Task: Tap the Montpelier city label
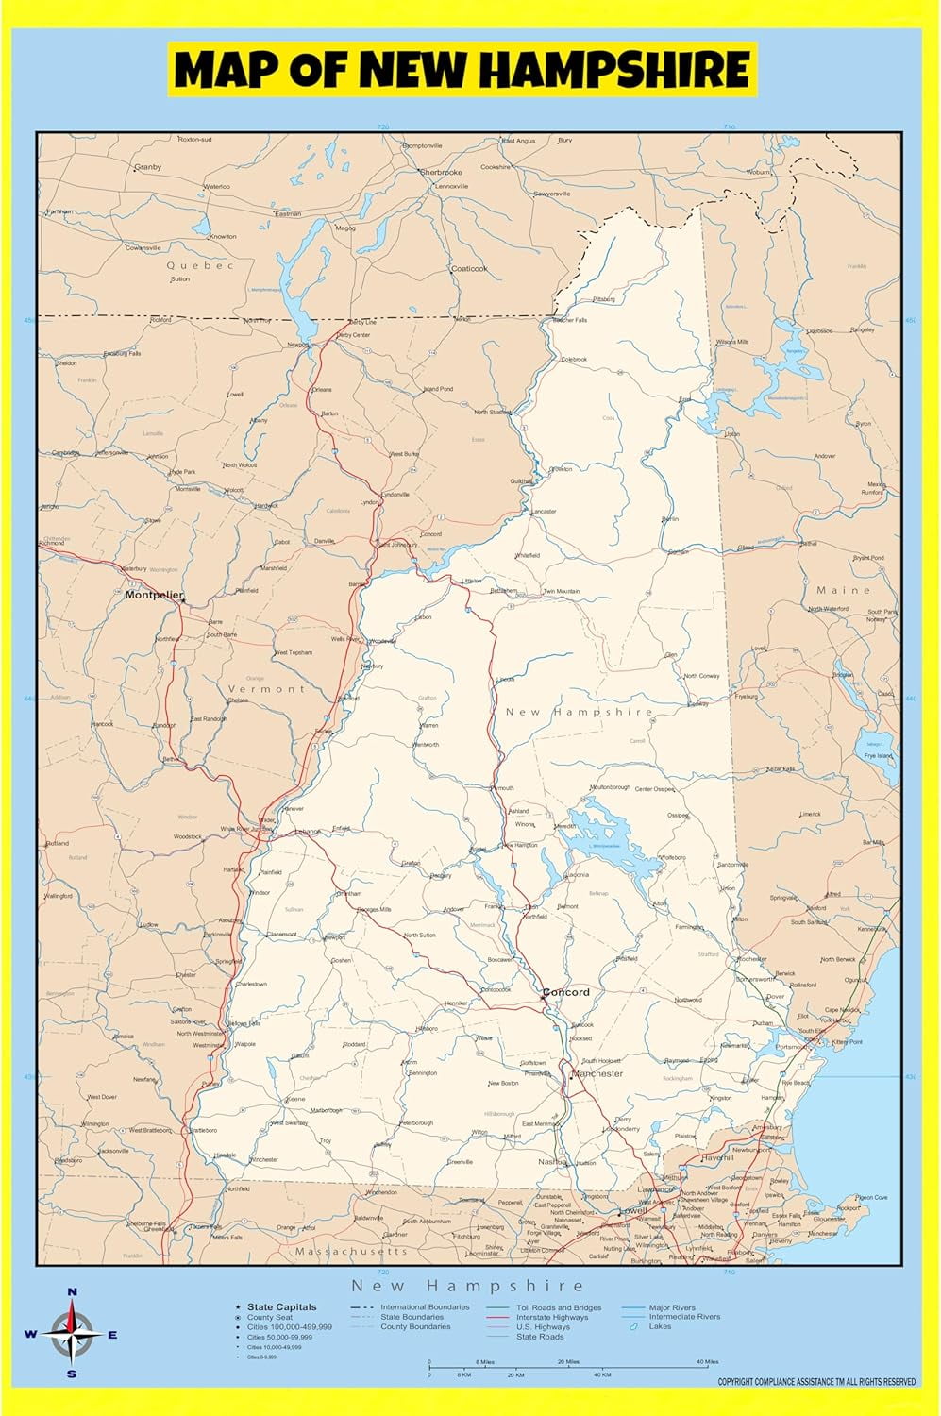(153, 595)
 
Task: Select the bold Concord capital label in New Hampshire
(566, 992)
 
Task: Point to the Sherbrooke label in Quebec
(441, 173)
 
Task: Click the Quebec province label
(200, 265)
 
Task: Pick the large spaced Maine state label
(844, 590)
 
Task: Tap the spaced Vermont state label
(267, 689)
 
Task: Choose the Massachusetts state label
(351, 1251)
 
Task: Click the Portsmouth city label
(791, 1046)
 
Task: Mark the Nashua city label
(551, 1162)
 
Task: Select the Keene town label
(295, 1100)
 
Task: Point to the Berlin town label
(670, 519)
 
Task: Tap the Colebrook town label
(574, 360)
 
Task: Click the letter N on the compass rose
(73, 1292)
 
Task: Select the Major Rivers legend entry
(672, 1307)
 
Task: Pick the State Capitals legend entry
(282, 1307)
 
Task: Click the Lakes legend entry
(660, 1326)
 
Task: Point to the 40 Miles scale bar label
(707, 1361)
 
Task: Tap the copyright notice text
(816, 1382)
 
